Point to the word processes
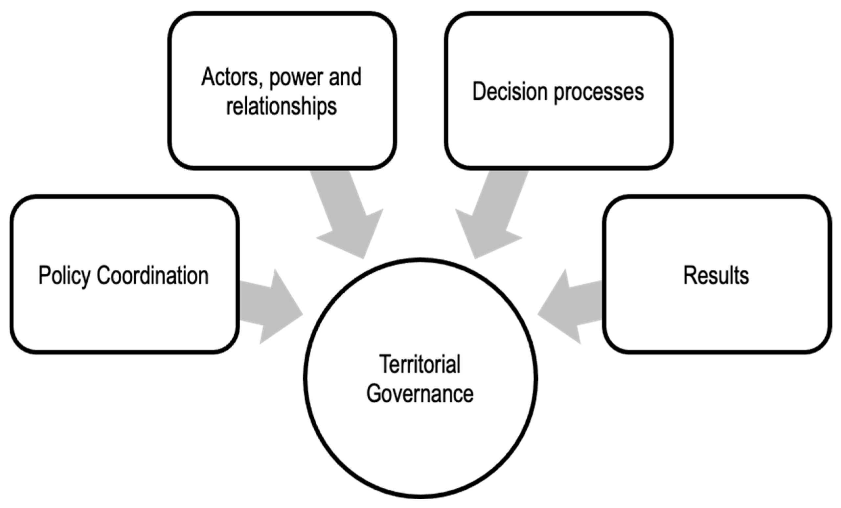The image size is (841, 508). [599, 93]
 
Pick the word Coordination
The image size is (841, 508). [152, 275]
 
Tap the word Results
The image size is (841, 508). [716, 275]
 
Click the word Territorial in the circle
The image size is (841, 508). [420, 364]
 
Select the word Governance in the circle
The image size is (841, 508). [420, 393]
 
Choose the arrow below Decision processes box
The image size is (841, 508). [491, 218]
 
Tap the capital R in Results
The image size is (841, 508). [690, 275]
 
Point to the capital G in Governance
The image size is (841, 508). [375, 393]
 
